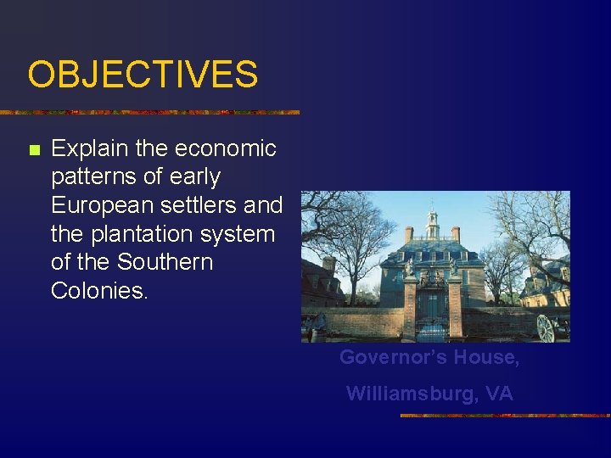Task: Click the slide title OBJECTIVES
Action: click(143, 75)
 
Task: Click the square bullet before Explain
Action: click(34, 150)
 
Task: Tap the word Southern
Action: click(165, 262)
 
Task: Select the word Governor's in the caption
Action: click(393, 358)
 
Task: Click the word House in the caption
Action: click(485, 358)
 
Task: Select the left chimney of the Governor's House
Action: click(409, 234)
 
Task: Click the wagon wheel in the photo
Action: click(546, 328)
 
